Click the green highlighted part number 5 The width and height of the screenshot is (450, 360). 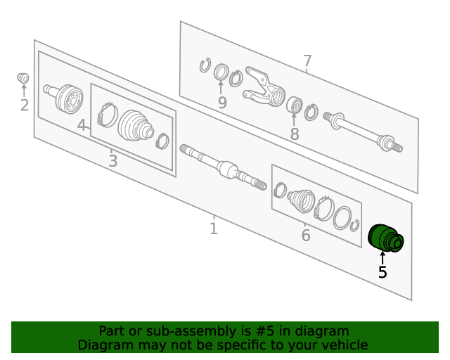click(386, 238)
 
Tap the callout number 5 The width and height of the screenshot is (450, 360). click(382, 272)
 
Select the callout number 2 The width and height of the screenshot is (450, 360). click(25, 105)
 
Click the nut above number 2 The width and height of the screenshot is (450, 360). click(23, 78)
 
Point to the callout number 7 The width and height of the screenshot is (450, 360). click(307, 61)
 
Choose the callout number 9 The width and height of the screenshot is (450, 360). click(222, 103)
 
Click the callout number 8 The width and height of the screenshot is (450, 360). click(295, 134)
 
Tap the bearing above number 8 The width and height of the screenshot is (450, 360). click(295, 105)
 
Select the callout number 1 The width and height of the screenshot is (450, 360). click(213, 229)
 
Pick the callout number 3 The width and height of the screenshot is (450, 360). click(112, 161)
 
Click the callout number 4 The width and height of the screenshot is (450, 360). click(82, 125)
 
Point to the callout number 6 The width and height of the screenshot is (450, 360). click(306, 235)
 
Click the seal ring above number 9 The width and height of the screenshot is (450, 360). click(221, 72)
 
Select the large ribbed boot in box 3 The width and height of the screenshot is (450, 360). click(136, 126)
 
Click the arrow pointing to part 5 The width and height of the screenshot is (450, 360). click(382, 257)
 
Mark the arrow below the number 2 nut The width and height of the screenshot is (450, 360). click(24, 91)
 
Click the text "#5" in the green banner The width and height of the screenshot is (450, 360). click(264, 331)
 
